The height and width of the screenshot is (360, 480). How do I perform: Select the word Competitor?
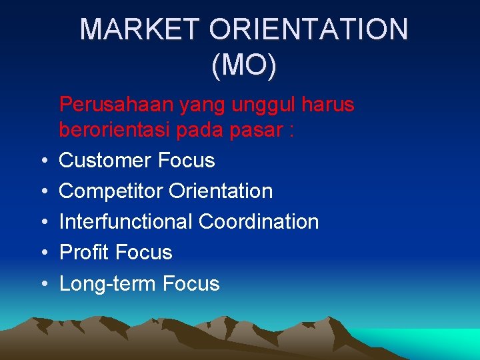click(111, 191)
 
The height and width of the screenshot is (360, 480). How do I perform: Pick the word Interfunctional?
click(126, 222)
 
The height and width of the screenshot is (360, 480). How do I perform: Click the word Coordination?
click(259, 222)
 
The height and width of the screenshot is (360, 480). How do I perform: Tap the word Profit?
click(84, 253)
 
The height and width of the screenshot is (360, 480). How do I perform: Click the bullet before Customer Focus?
click(43, 161)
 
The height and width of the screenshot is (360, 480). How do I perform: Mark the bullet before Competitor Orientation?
click(43, 192)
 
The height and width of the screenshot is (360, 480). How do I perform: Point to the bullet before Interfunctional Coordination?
click(43, 223)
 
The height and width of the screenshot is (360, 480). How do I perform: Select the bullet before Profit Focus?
click(43, 253)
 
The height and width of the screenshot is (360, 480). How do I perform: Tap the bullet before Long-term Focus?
click(43, 284)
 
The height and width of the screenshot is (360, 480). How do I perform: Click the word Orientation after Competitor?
click(221, 191)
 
